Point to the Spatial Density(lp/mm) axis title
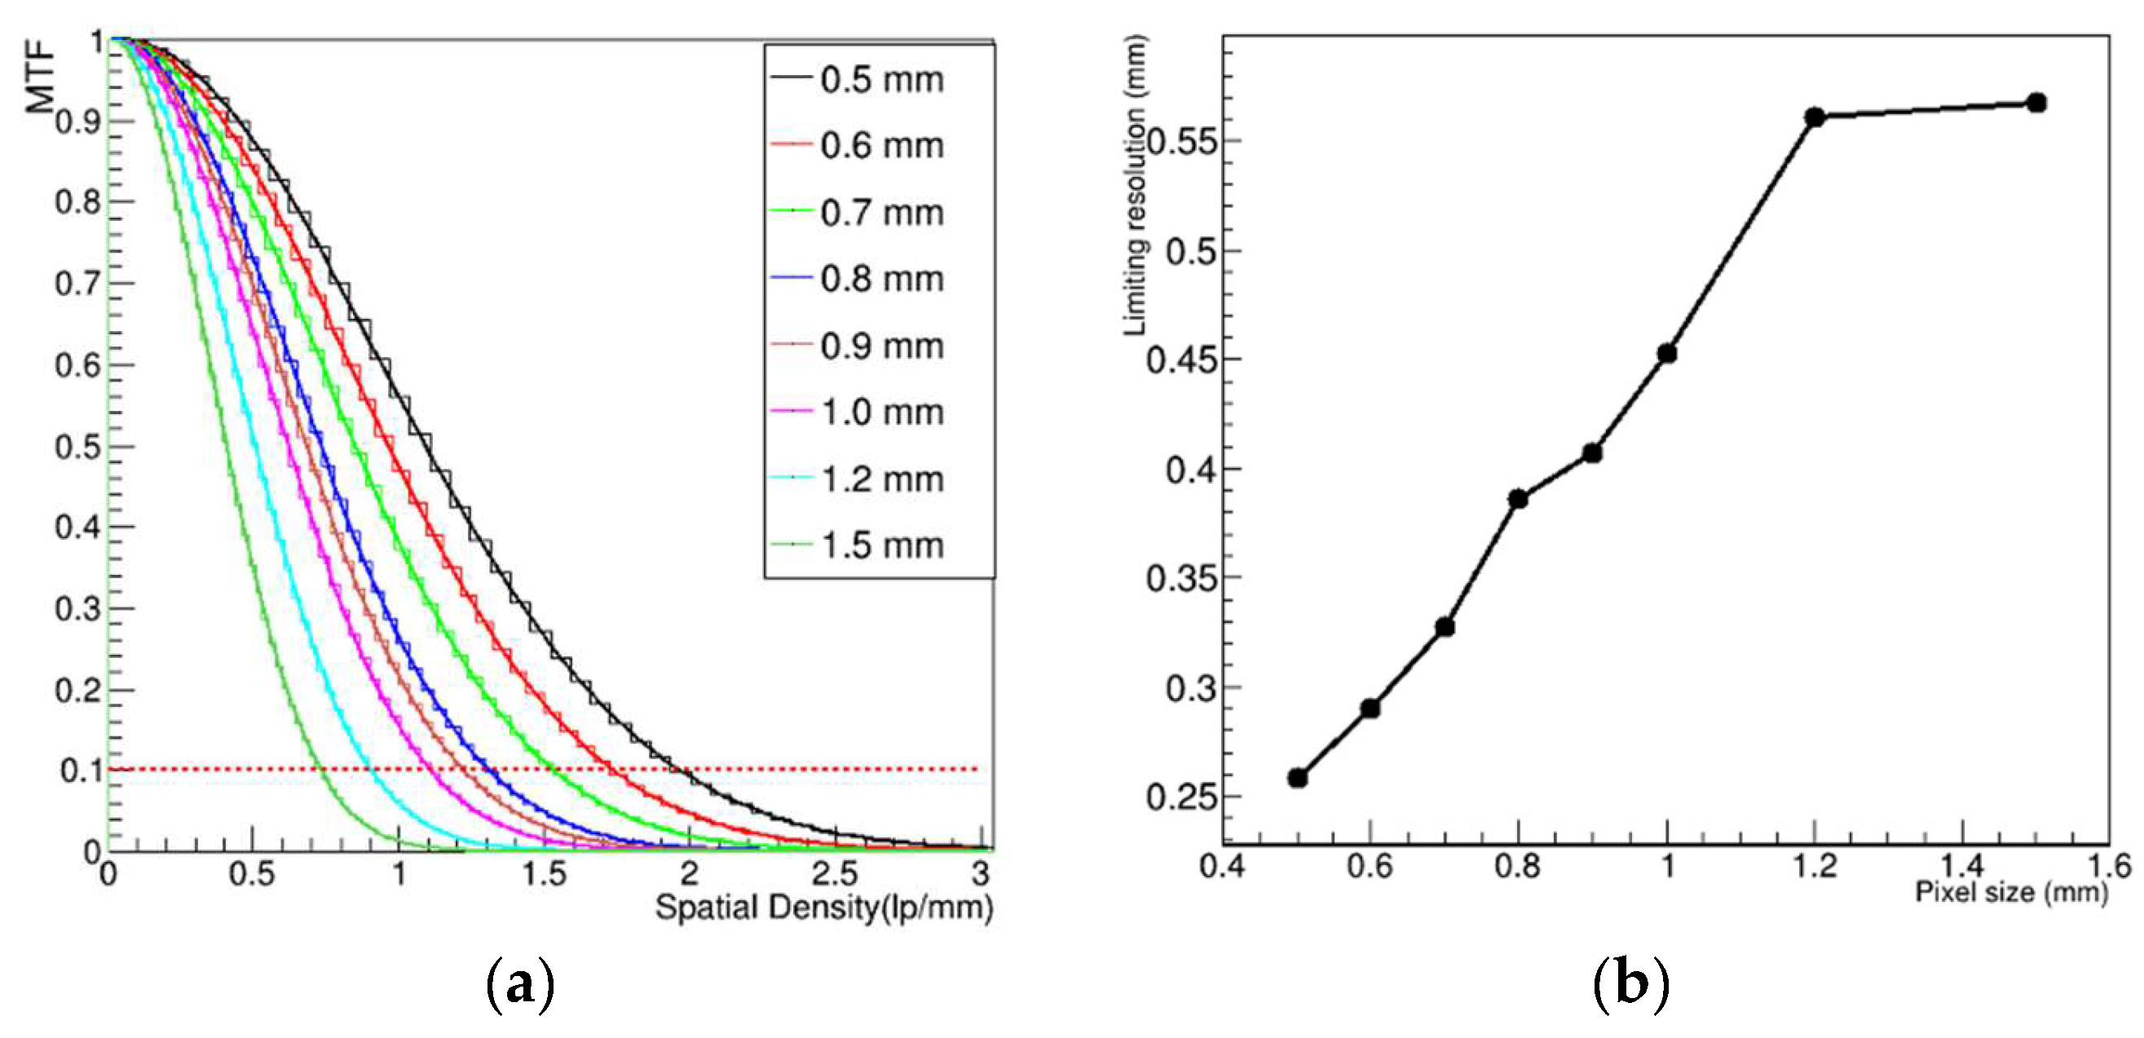[x=823, y=908]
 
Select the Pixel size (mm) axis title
[x=2011, y=892]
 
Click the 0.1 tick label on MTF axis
[x=79, y=771]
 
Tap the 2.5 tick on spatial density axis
[x=835, y=874]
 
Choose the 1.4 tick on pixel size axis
[x=1962, y=866]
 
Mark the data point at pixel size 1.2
[x=1815, y=117]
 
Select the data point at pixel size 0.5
[x=1297, y=778]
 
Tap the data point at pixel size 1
[x=1666, y=354]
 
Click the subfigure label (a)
[x=519, y=986]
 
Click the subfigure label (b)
[x=1630, y=986]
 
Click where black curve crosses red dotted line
[x=687, y=770]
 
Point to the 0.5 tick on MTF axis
[x=79, y=447]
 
